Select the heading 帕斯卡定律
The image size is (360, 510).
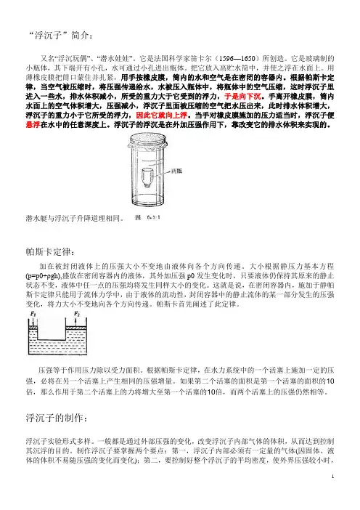pos(50,251)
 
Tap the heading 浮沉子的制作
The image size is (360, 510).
pos(55,417)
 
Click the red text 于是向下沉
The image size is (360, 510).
pos(242,97)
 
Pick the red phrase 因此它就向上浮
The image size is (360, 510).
pos(161,115)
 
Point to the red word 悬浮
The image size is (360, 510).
pos(33,124)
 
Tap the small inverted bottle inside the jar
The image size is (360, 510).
pos(147,177)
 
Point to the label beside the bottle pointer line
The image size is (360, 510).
pos(176,171)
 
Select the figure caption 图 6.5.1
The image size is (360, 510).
pos(148,217)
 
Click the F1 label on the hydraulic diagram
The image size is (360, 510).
pos(33,314)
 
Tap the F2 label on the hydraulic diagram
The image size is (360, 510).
pos(77,314)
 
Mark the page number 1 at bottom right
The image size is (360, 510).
pos(332,477)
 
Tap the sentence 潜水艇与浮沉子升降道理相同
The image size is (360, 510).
pos(75,218)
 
